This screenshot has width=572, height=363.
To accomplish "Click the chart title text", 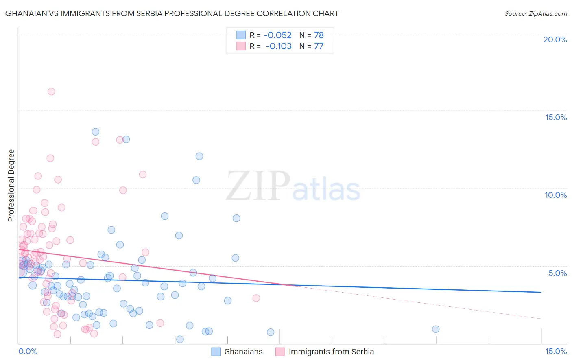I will [x=172, y=13].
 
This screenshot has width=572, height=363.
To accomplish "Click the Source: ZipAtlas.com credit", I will [x=535, y=13].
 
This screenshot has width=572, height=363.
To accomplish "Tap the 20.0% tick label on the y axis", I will [x=555, y=39].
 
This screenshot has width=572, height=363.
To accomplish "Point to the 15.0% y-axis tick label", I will [x=556, y=117].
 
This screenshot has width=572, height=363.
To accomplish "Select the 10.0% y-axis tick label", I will [x=556, y=195].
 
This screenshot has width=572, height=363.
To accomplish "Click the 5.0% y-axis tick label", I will [x=557, y=273].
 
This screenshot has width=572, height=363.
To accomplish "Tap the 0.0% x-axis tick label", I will [x=28, y=351].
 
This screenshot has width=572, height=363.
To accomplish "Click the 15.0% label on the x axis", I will [x=556, y=351].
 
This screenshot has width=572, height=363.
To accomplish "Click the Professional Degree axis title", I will [x=11, y=186].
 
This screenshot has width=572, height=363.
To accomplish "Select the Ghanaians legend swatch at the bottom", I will [x=216, y=352].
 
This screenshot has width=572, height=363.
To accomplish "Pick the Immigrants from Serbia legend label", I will [x=331, y=352].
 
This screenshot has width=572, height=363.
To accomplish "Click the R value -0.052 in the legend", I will [x=278, y=35].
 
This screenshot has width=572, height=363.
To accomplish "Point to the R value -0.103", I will [x=278, y=46].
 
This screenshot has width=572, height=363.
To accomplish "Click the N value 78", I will [x=319, y=35].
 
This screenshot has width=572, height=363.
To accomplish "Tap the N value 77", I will [x=319, y=46].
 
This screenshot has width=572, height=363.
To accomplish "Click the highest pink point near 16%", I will [x=51, y=92].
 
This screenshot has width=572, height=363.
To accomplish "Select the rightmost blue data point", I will [x=436, y=329].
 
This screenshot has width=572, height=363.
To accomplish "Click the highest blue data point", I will [x=96, y=132].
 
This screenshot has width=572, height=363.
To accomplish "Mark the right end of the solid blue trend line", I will [x=541, y=292].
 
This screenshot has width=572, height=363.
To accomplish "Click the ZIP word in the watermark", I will [x=258, y=186].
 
